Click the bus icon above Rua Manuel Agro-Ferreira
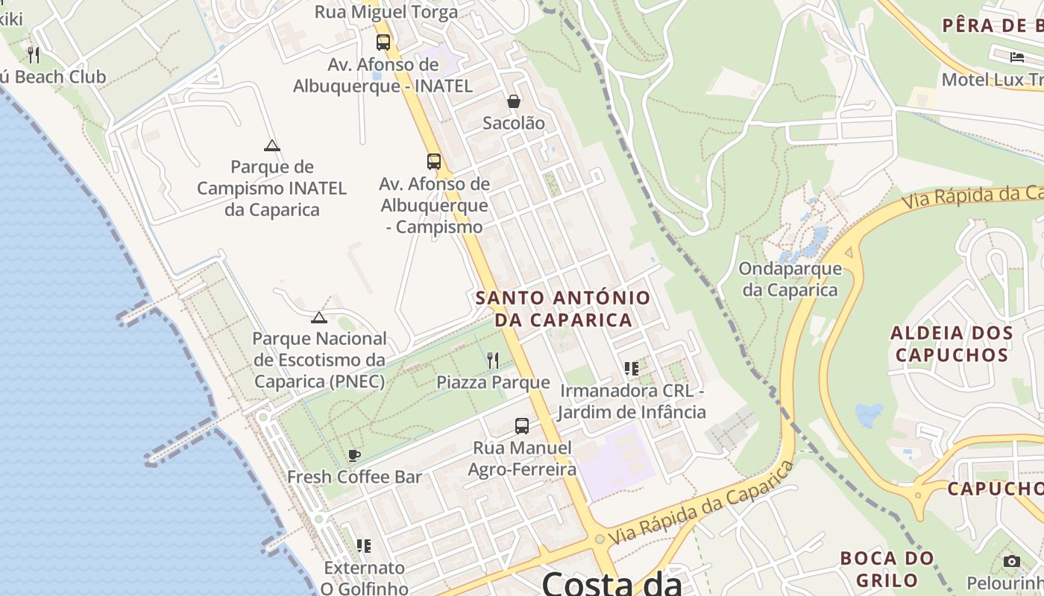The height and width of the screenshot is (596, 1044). (522, 426)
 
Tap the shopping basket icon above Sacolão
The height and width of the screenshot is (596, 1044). (514, 101)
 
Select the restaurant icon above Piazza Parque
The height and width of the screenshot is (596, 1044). (492, 361)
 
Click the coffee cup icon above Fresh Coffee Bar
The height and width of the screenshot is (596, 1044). (354, 455)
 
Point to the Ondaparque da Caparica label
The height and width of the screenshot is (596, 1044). (790, 279)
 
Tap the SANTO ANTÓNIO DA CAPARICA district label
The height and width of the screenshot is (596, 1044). (563, 308)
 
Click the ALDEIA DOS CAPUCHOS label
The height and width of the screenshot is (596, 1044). (952, 343)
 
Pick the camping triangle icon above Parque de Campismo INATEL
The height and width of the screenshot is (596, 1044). (272, 145)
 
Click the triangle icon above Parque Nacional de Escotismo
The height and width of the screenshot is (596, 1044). (319, 317)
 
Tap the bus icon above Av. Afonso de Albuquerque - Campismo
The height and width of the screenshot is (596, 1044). (434, 161)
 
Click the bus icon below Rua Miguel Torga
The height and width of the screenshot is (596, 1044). (383, 42)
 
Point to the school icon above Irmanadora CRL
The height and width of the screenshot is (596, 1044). (632, 368)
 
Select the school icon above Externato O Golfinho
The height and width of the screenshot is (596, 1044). (363, 546)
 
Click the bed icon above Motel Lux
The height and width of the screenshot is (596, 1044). (1017, 57)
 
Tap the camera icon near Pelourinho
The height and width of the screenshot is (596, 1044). (1011, 561)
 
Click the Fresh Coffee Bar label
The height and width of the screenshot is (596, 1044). (354, 477)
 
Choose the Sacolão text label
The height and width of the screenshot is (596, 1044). (514, 123)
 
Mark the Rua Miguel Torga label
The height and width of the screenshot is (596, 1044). (386, 12)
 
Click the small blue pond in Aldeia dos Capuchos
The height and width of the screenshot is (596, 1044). (869, 414)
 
